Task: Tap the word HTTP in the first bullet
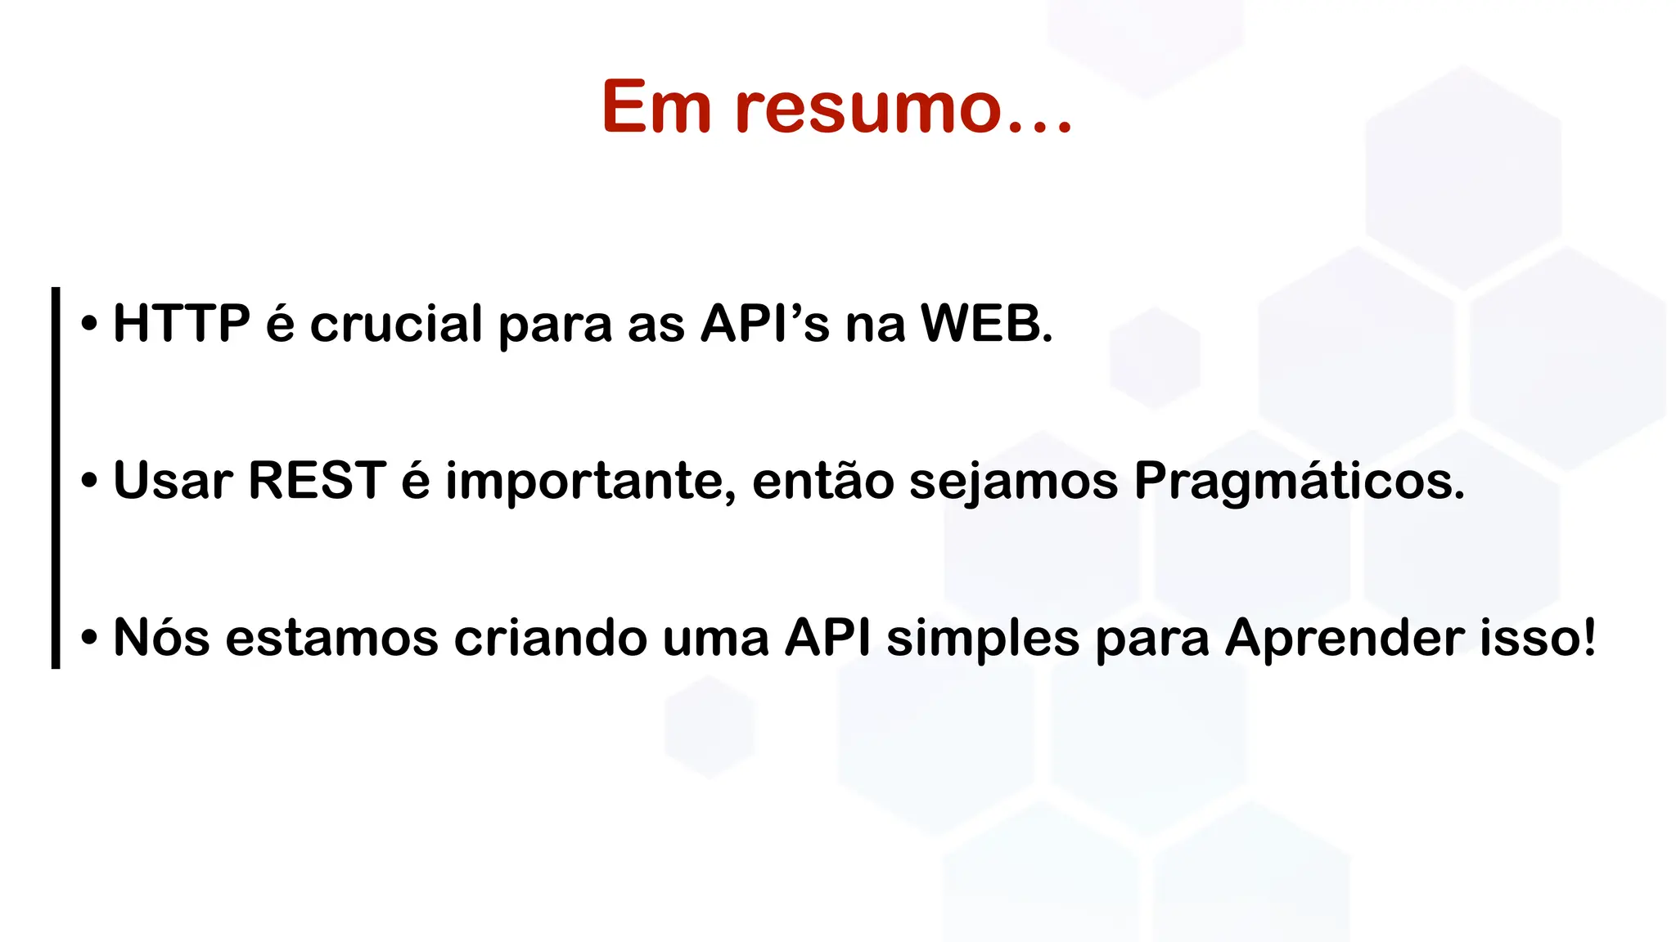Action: [182, 323]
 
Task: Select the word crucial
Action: [396, 324]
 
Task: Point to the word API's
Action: [764, 323]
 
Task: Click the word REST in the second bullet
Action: [317, 480]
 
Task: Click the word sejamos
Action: [1013, 482]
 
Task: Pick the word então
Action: [822, 481]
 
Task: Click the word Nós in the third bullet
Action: [161, 637]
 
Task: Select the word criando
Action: [551, 637]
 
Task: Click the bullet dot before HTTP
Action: [89, 325]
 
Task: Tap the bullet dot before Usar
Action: [89, 482]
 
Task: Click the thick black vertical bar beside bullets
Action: [56, 478]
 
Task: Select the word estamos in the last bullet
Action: [331, 637]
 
